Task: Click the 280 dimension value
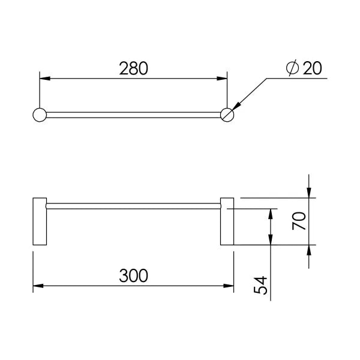click(x=133, y=69)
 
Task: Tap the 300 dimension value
click(x=133, y=275)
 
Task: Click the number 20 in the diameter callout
click(x=312, y=68)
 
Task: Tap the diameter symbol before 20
click(x=293, y=68)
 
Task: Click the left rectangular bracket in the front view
click(x=40, y=221)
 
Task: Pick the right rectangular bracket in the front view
click(x=227, y=221)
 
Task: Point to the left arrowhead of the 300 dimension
click(x=38, y=286)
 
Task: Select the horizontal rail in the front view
click(x=133, y=205)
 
